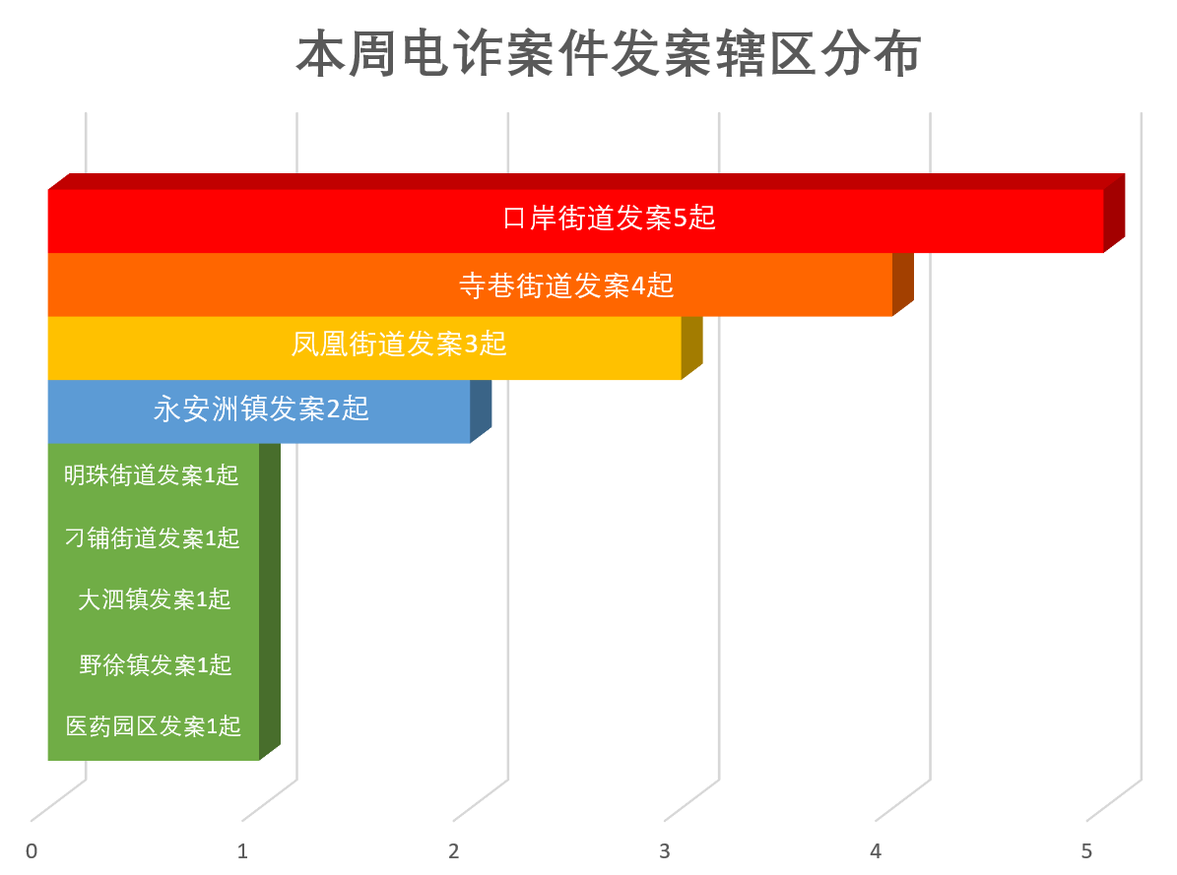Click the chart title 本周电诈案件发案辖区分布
(609, 55)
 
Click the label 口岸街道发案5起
(609, 218)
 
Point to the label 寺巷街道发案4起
(566, 285)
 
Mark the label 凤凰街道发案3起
(399, 344)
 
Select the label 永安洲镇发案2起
(261, 408)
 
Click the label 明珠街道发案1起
(152, 475)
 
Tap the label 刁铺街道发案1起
(152, 538)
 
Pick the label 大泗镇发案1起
(155, 599)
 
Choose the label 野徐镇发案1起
(156, 665)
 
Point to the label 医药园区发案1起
(154, 726)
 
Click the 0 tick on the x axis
(33, 851)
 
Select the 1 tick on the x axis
(243, 851)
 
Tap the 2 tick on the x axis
(454, 851)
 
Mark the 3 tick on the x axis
(665, 851)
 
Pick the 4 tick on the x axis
(876, 851)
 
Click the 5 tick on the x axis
(1086, 851)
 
